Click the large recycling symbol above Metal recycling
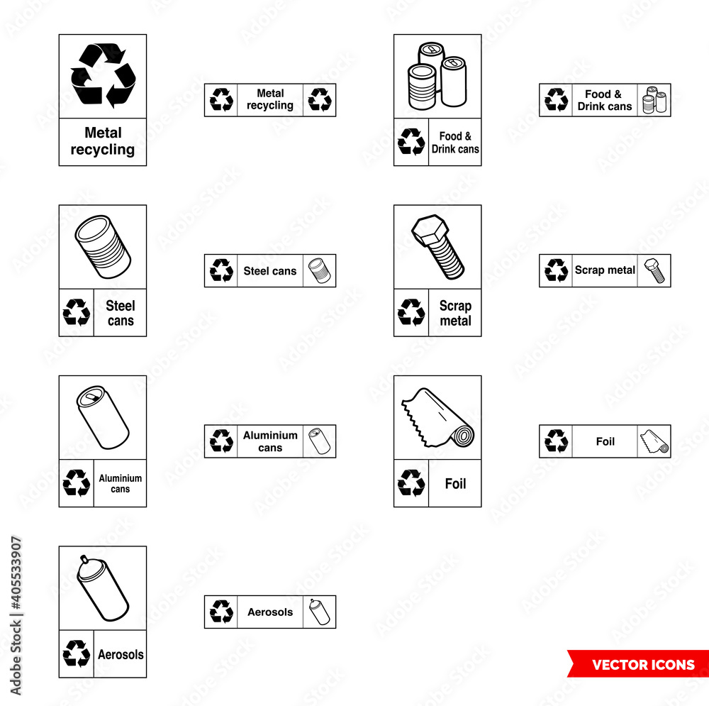[103, 75]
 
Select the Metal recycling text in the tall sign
[103, 141]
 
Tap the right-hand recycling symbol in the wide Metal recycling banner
[320, 100]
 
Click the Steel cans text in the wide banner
[270, 271]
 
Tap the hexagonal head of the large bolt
[427, 228]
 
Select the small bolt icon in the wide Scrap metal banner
[654, 271]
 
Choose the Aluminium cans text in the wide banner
[270, 441]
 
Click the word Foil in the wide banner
[605, 441]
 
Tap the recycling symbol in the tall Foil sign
[411, 483]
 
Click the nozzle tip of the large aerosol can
[84, 558]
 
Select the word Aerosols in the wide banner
[270, 612]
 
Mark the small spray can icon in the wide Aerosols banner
[319, 612]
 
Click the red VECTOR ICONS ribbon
[642, 665]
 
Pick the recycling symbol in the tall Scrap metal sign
[411, 312]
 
